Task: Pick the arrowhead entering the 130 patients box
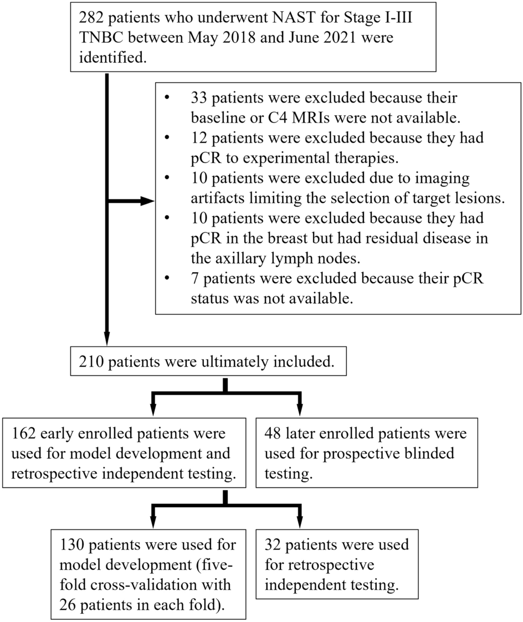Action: [x=152, y=524]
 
